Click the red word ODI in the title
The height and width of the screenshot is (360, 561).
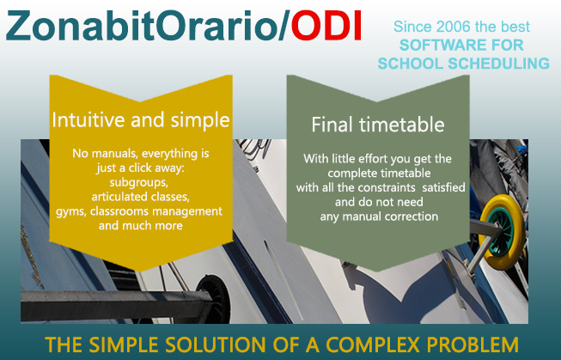(326, 26)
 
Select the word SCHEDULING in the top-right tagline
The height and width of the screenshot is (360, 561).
(499, 64)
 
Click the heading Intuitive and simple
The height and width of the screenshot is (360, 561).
(141, 120)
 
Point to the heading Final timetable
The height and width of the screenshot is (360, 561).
(378, 125)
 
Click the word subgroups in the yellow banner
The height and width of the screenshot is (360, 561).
(139, 182)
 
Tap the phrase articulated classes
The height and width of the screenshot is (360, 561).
(141, 197)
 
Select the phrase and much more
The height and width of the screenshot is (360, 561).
(141, 226)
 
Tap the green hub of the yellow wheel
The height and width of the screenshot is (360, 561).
(501, 232)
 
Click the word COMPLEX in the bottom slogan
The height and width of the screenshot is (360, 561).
(373, 345)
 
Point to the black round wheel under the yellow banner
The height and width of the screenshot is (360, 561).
(215, 300)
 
